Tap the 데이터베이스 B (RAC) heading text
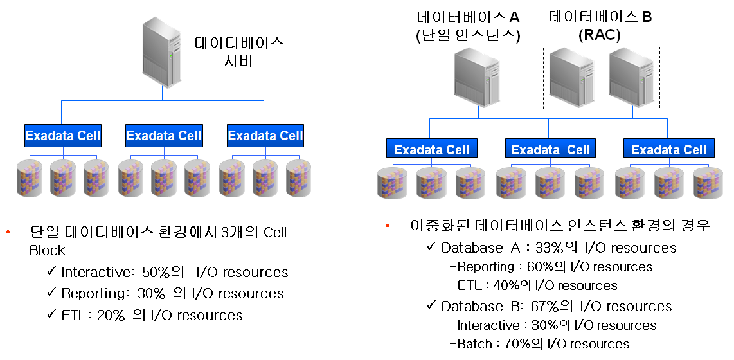(600, 26)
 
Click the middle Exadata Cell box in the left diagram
(164, 136)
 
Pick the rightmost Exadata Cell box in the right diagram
(668, 150)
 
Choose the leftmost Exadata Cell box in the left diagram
(63, 136)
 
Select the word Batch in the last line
(474, 344)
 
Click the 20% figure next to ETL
(111, 315)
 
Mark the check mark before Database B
(431, 306)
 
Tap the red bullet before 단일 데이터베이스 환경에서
(8, 233)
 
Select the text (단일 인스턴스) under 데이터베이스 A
(468, 37)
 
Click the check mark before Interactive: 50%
(51, 271)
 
